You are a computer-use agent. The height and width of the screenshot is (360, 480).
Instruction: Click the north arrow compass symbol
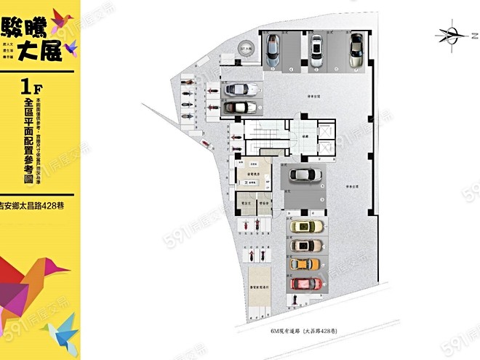pyautogui.click(x=454, y=33)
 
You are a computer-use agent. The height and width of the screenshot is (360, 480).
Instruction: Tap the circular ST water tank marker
pyautogui.click(x=246, y=49)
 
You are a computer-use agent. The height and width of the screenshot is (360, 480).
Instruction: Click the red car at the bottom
pyautogui.click(x=305, y=282)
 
